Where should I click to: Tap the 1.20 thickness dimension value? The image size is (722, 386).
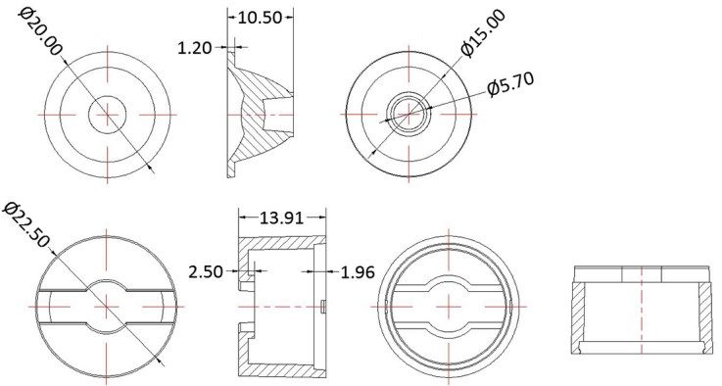click(196, 46)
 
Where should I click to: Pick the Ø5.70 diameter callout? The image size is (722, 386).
click(510, 87)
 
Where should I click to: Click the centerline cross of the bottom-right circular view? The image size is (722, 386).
click(451, 304)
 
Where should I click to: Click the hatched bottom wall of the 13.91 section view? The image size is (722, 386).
click(284, 369)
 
